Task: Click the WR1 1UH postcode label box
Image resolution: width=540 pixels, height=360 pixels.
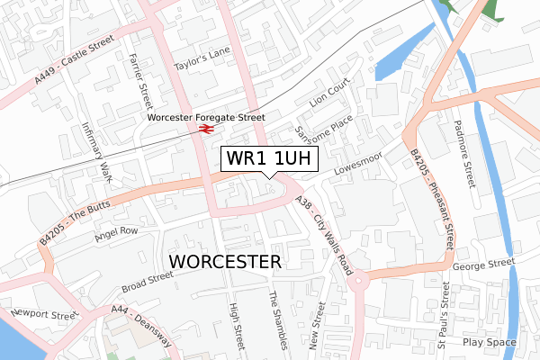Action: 269,158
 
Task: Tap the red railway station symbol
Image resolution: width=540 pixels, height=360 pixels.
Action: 205,129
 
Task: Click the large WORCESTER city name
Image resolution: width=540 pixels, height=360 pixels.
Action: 225,261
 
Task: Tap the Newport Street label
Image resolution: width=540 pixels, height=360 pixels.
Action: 44,315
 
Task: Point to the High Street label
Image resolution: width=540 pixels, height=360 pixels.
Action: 238,324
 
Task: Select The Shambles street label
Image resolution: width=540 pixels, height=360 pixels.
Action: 278,319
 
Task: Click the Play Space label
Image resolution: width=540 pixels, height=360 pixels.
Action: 490,343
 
